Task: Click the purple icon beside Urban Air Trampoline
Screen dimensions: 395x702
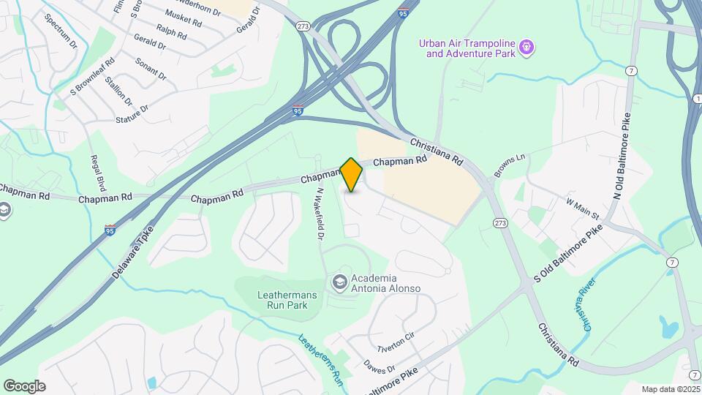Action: pyautogui.click(x=526, y=49)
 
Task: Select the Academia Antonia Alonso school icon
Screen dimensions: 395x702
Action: pyautogui.click(x=339, y=282)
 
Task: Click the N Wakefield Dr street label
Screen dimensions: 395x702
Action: pyautogui.click(x=320, y=214)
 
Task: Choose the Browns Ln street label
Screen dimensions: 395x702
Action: pyautogui.click(x=510, y=161)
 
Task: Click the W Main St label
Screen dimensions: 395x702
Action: pyautogui.click(x=582, y=208)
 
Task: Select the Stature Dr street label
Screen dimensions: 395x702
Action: pyautogui.click(x=132, y=113)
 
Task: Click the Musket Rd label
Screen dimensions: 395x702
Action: pyautogui.click(x=183, y=18)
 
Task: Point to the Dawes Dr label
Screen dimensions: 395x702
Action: pyautogui.click(x=380, y=363)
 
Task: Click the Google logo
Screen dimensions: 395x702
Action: pyautogui.click(x=24, y=386)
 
